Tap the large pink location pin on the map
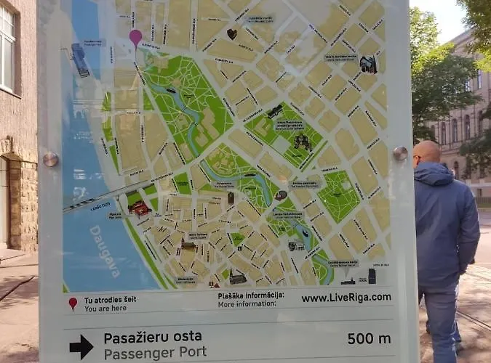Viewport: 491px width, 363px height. point(135,37)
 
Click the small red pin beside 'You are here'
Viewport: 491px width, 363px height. point(73,303)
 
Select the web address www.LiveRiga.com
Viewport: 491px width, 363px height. point(346,298)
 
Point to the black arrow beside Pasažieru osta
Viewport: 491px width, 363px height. point(81,346)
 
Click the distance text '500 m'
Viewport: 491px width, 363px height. point(369,338)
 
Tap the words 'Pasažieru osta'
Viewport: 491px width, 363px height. point(153,337)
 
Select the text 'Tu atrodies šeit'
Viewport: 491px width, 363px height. point(110,299)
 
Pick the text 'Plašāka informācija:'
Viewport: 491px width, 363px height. point(250,295)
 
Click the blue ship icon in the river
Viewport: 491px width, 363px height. point(79,59)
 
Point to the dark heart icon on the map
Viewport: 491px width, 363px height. point(232,33)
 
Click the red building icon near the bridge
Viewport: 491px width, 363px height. point(139,209)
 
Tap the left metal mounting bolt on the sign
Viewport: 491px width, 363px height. point(50,159)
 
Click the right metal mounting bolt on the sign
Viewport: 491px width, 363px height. point(400,153)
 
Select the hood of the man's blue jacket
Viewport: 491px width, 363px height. point(434,174)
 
